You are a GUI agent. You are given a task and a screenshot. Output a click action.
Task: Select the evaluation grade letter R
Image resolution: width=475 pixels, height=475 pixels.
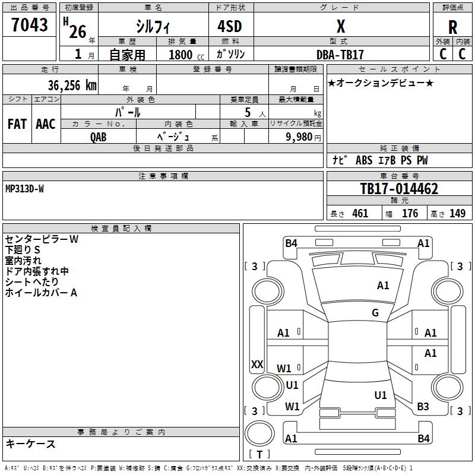click(452, 27)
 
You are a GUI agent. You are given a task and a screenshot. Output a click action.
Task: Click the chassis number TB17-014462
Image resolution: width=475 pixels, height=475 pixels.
click(399, 189)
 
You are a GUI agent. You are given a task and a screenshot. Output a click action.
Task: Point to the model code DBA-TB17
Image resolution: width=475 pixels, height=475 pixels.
click(340, 54)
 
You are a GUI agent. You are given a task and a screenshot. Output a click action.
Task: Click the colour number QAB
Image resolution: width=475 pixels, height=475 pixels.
click(99, 137)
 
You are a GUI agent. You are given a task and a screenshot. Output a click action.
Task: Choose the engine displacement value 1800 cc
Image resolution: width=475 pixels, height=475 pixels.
click(180, 55)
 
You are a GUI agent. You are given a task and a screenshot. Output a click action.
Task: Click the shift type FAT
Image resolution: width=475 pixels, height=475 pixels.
click(17, 123)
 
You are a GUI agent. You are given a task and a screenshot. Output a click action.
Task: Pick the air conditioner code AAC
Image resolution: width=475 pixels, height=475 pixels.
click(46, 123)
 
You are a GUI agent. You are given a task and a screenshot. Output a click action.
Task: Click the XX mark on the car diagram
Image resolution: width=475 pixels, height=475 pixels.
click(257, 365)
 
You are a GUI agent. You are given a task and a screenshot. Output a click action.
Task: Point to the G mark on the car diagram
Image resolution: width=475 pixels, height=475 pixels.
click(375, 313)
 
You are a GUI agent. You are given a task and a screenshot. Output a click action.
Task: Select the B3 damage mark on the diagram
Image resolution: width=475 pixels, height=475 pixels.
click(423, 407)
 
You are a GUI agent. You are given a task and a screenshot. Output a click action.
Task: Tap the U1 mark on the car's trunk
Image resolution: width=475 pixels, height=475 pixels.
click(381, 395)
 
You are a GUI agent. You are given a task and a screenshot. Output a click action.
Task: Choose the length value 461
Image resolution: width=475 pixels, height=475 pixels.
click(360, 214)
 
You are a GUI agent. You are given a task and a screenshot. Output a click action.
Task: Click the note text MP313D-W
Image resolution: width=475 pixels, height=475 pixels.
click(24, 189)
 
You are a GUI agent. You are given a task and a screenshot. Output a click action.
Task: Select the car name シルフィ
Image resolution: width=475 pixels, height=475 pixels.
click(153, 27)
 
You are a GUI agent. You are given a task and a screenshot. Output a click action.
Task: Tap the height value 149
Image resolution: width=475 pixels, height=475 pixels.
click(457, 214)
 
